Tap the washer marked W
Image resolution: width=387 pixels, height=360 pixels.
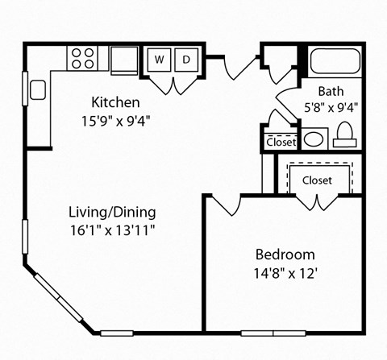158,60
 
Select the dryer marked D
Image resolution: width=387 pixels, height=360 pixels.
185,60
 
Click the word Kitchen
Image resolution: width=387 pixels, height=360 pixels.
116,103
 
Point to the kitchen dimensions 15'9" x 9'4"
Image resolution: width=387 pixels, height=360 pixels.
116,121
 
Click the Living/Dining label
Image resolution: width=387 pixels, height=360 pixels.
112,213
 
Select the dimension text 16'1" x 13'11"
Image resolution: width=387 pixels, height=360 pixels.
112,230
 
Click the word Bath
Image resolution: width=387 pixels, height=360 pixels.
331,90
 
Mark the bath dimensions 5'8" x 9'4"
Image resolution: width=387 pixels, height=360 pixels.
331,106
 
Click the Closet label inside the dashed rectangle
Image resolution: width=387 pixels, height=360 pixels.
317,180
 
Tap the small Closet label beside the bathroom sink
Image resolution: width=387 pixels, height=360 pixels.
281,143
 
